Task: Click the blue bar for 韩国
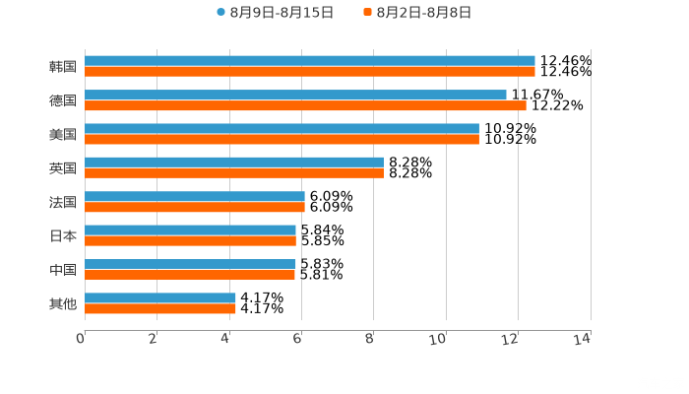pos(310,61)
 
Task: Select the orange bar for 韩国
pos(310,72)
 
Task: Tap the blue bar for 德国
pos(295,95)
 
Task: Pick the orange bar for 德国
pos(305,105)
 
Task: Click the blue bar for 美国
pos(282,128)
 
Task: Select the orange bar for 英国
pos(234,172)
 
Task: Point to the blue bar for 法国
pos(195,196)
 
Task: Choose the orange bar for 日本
pos(190,240)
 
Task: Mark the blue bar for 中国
pos(190,264)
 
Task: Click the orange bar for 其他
pos(160,308)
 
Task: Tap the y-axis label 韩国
pos(63,67)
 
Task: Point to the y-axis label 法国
pos(63,202)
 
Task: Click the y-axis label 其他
pos(63,303)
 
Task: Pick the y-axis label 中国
pos(63,270)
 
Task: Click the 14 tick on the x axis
pos(583,339)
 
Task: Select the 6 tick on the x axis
pos(297,339)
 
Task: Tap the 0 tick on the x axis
pos(81,339)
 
